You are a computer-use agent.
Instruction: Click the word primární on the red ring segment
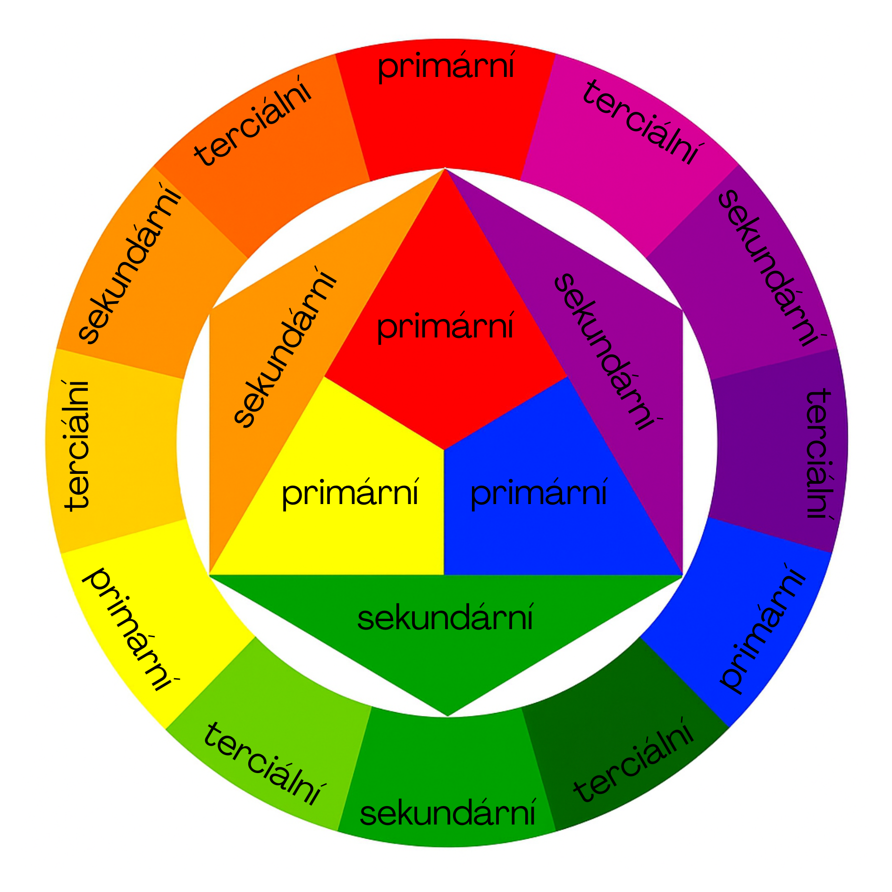pos(446,67)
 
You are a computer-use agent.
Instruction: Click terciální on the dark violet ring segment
pos(818,453)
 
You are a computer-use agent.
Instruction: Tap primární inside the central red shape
pos(445,327)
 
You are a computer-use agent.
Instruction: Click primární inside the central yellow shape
pos(350,493)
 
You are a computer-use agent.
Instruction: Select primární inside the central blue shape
pos(539,493)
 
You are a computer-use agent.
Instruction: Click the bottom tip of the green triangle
pos(447,715)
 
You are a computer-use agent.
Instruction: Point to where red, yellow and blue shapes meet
pos(444,449)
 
